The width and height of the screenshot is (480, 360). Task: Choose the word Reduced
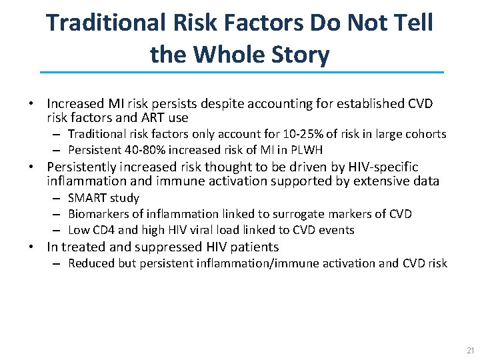tap(90, 263)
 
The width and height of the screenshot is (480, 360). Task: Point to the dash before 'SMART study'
tap(58, 198)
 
